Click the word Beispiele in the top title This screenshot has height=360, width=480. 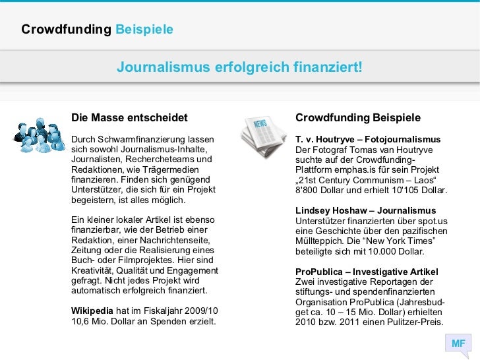pos(144,30)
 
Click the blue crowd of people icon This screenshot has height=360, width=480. pos(38,135)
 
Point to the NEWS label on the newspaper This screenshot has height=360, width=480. pos(258,123)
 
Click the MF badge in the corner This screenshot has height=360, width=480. pos(458,344)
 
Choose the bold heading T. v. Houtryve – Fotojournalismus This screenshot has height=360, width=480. pos(368,140)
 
